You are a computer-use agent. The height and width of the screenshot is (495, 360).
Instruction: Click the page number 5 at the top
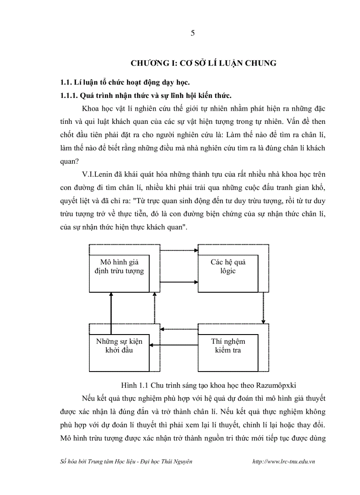[192, 33]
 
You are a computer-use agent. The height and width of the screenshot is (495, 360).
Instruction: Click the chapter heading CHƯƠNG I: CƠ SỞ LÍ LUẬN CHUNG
[203, 63]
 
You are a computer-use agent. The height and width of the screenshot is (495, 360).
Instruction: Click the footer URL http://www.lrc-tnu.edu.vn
[284, 461]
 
